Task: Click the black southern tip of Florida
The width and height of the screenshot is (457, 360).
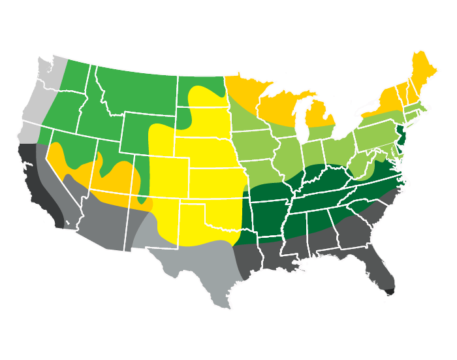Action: pyautogui.click(x=390, y=291)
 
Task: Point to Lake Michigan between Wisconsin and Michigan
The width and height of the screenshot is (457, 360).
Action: pyautogui.click(x=301, y=121)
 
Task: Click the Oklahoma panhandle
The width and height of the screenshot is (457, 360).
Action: pyautogui.click(x=196, y=199)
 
